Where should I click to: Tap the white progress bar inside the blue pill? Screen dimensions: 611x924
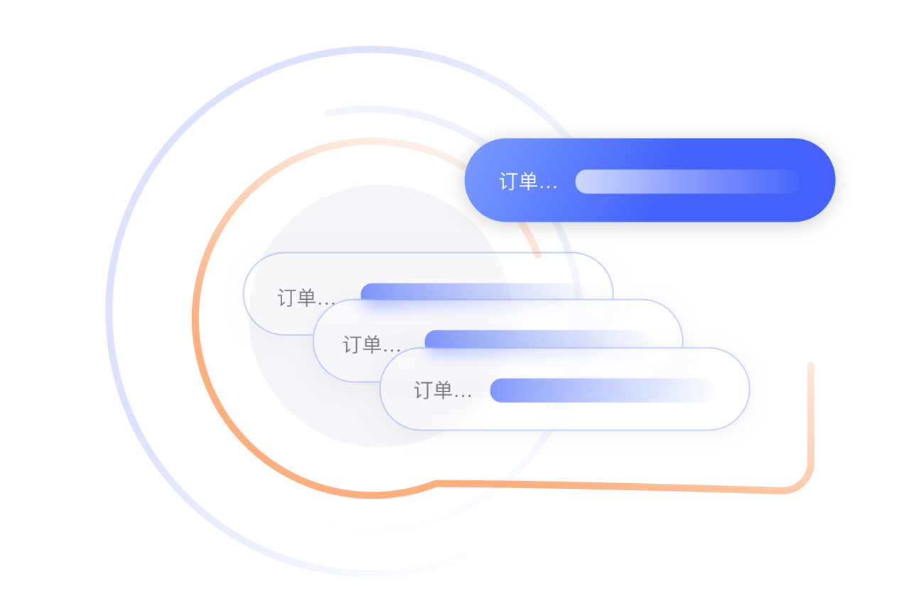[687, 181]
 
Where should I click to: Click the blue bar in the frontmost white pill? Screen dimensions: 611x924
[601, 390]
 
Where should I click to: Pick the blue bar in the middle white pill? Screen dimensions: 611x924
[537, 339]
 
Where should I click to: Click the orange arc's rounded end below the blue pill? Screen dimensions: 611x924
[537, 253]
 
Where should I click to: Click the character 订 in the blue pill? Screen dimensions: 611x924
[508, 182]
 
